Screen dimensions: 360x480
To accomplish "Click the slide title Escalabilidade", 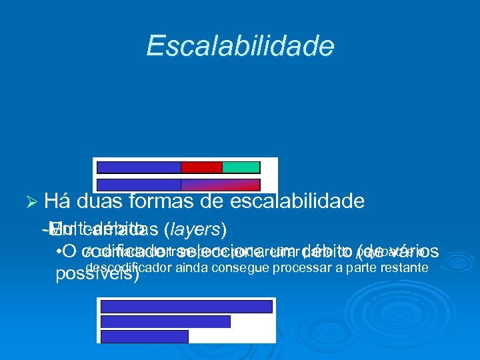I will pos(240,46).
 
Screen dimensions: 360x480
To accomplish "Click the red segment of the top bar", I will pos(201,167).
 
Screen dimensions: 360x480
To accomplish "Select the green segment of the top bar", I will pos(241,167).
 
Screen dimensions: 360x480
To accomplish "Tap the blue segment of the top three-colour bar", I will pos(139,167).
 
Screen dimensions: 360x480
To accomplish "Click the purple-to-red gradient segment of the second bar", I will pos(220,185).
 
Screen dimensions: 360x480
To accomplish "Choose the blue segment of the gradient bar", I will pos(139,185).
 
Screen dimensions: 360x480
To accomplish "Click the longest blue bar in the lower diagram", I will pos(187,306).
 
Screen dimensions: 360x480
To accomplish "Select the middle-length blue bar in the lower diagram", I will pos(165,321).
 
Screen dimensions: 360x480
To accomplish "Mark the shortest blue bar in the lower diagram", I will pos(145,336).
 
